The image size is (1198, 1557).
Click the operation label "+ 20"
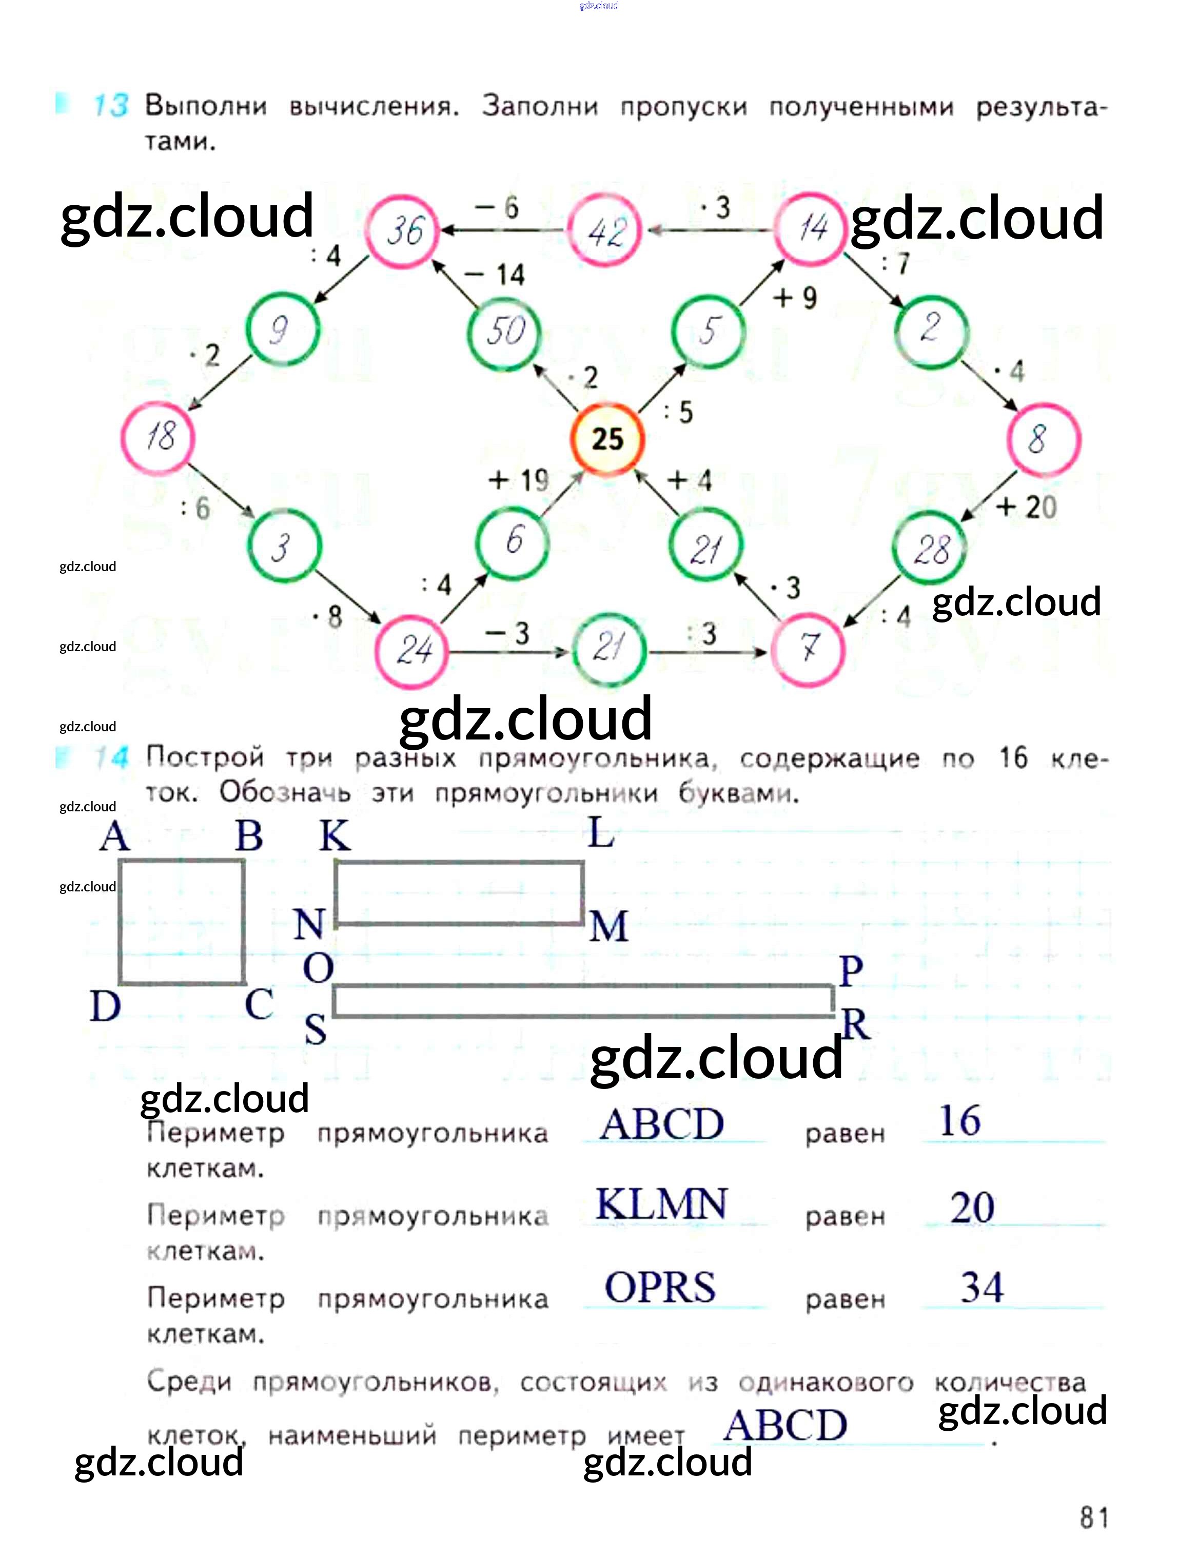(1026, 507)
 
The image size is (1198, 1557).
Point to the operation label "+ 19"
(518, 480)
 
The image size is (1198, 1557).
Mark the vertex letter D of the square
(106, 1007)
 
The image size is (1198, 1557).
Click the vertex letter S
(315, 1029)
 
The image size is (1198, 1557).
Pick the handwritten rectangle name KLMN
(661, 1204)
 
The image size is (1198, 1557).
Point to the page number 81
(1093, 1518)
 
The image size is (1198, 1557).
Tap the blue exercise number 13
(110, 106)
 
